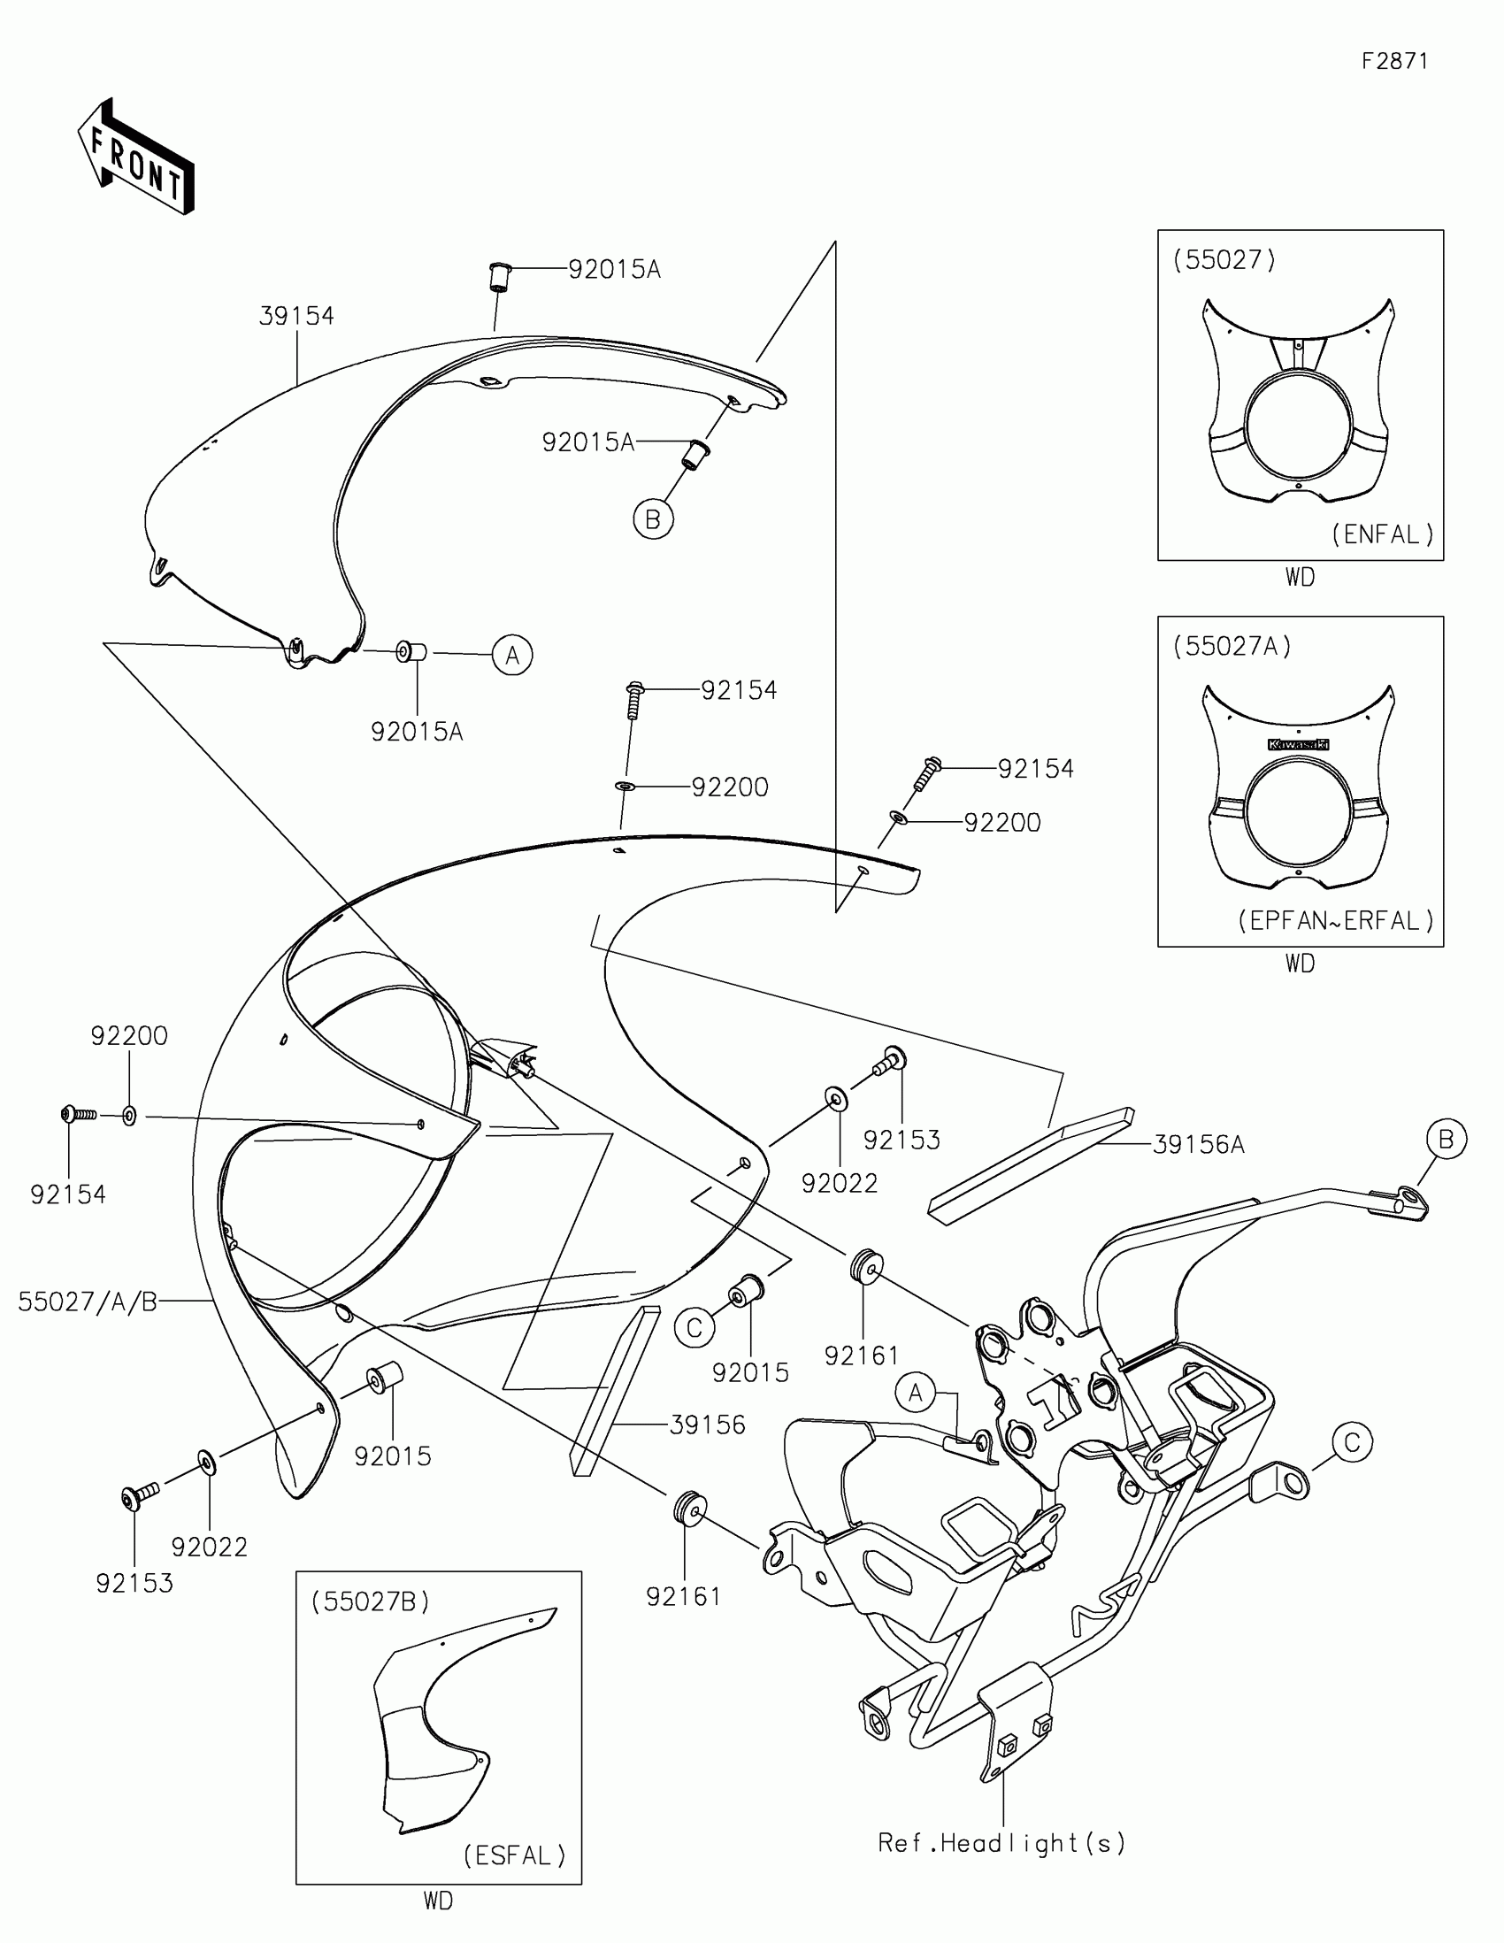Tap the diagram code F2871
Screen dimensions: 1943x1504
[1394, 61]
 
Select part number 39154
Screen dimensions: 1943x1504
[296, 316]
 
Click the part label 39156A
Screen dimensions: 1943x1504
[1198, 1145]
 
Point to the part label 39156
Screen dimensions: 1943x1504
[707, 1425]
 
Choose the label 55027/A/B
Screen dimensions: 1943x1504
[88, 1302]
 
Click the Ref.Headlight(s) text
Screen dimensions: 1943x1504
[1001, 1842]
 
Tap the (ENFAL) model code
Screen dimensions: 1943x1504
[1383, 534]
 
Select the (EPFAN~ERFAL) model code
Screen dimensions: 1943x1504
[1336, 920]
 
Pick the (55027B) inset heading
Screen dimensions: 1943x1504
[370, 1601]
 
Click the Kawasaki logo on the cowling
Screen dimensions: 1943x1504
[1298, 744]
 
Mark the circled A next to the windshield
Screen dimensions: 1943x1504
[512, 656]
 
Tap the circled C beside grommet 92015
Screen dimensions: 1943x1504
[694, 1328]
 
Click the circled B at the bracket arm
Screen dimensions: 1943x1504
[1446, 1139]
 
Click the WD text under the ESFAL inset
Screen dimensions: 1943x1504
[438, 1901]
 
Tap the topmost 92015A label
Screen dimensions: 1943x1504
[615, 269]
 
